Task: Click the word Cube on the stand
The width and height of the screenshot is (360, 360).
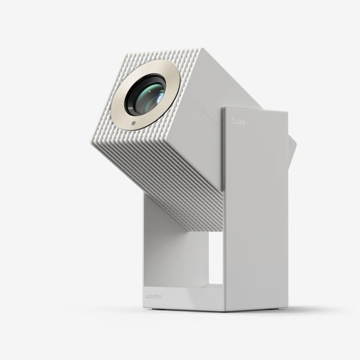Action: tap(238, 121)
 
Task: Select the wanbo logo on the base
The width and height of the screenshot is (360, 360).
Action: tap(155, 296)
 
